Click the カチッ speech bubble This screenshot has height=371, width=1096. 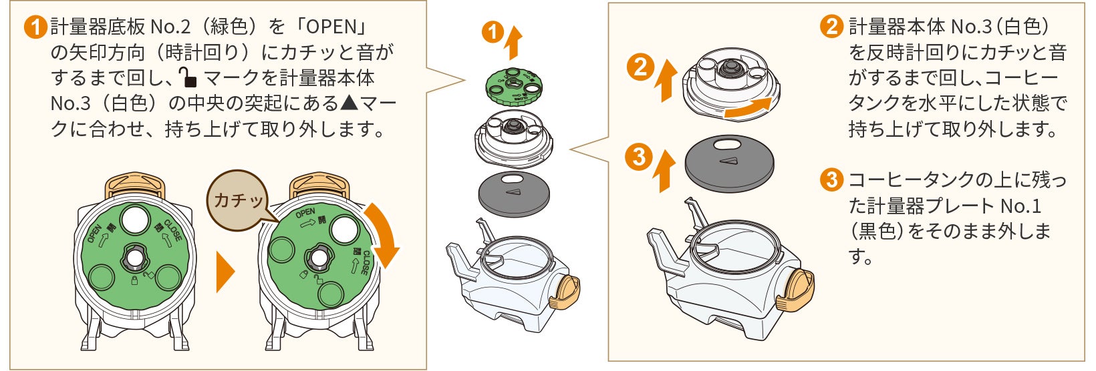(238, 200)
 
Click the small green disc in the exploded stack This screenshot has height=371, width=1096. (514, 87)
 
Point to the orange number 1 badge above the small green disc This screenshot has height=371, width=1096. (493, 33)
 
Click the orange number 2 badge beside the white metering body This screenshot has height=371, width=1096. (640, 67)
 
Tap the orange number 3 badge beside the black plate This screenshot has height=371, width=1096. (638, 157)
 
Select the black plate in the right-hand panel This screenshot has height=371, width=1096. (729, 163)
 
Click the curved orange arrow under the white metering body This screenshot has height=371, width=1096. (748, 108)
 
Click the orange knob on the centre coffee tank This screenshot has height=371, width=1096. (565, 292)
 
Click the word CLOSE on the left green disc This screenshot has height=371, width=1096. (172, 230)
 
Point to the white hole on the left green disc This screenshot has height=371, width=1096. (135, 220)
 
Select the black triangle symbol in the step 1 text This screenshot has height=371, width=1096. (350, 103)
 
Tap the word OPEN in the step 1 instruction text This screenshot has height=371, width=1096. (333, 27)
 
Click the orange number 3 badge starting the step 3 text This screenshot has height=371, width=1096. (831, 179)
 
